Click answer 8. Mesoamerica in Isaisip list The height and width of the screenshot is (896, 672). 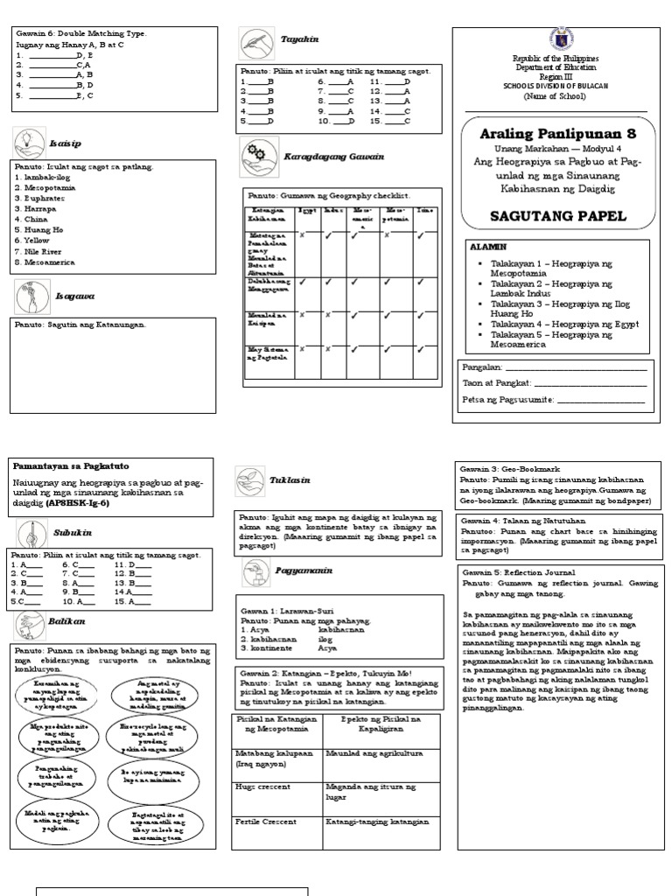[x=45, y=260]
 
